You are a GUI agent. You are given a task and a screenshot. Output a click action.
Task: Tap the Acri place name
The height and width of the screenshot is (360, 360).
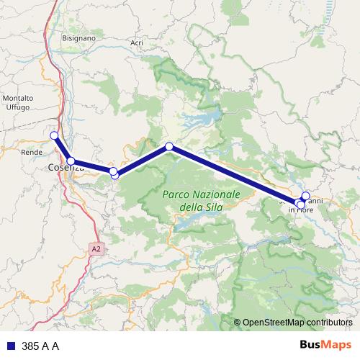point(137,43)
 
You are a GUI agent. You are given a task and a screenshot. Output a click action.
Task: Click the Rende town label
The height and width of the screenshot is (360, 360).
point(31,153)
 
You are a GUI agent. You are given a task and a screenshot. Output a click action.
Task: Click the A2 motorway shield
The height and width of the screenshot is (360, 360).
point(96,248)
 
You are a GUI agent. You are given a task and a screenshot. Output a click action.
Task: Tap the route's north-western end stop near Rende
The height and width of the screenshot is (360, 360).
point(54,135)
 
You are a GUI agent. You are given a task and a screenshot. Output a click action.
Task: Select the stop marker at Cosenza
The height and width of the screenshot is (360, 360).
point(71,161)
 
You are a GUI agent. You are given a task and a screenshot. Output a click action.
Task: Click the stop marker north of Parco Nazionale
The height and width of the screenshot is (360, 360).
point(169,147)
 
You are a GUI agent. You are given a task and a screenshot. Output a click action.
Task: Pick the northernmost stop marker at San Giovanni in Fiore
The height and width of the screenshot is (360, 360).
point(305,196)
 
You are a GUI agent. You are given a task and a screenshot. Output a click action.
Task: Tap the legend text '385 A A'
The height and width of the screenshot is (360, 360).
point(40,346)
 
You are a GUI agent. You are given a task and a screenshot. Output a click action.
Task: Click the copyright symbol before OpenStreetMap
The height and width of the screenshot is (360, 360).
point(237,323)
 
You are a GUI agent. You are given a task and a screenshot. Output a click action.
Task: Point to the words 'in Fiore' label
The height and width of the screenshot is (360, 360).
point(302,210)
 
